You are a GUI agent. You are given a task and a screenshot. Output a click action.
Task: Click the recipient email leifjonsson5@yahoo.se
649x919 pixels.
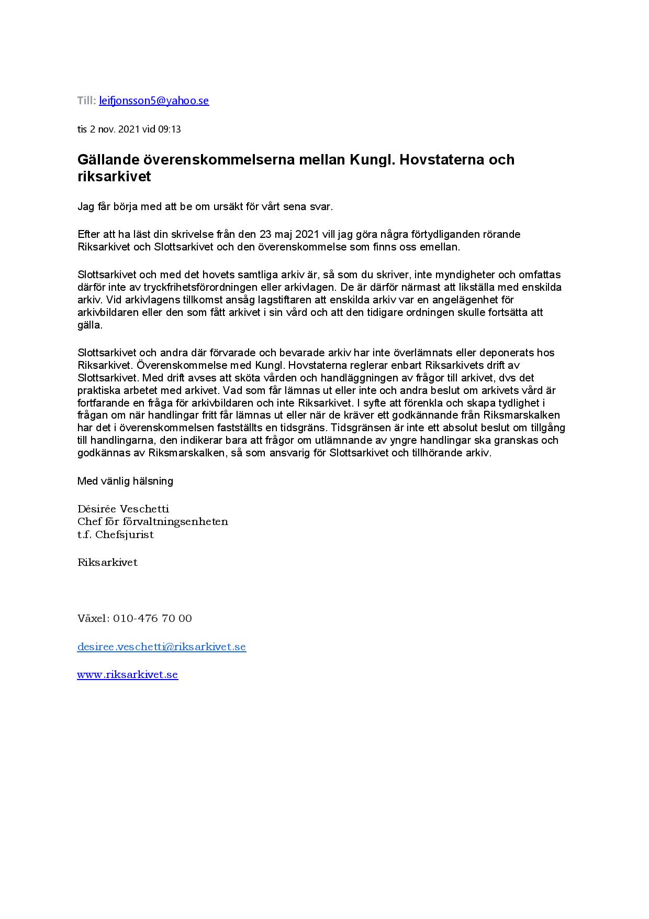pyautogui.click(x=154, y=101)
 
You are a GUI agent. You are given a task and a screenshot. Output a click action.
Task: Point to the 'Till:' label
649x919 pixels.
pyautogui.click(x=86, y=101)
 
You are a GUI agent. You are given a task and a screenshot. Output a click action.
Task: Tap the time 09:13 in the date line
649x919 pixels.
pyautogui.click(x=169, y=129)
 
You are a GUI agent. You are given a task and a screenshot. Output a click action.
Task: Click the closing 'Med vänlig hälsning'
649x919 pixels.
pyautogui.click(x=125, y=481)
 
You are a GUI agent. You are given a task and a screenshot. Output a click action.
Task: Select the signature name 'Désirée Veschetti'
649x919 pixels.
pyautogui.click(x=123, y=509)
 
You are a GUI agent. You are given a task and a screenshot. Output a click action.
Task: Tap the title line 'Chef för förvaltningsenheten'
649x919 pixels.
pyautogui.click(x=152, y=522)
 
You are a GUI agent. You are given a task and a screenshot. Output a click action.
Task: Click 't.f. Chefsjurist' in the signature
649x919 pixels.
pyautogui.click(x=116, y=535)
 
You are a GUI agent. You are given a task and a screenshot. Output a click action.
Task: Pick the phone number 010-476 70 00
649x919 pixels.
pyautogui.click(x=152, y=618)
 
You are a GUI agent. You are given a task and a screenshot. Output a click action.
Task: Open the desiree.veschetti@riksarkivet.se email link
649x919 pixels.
pyautogui.click(x=161, y=647)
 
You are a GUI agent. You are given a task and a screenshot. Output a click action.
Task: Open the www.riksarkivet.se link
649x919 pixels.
pyautogui.click(x=128, y=675)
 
